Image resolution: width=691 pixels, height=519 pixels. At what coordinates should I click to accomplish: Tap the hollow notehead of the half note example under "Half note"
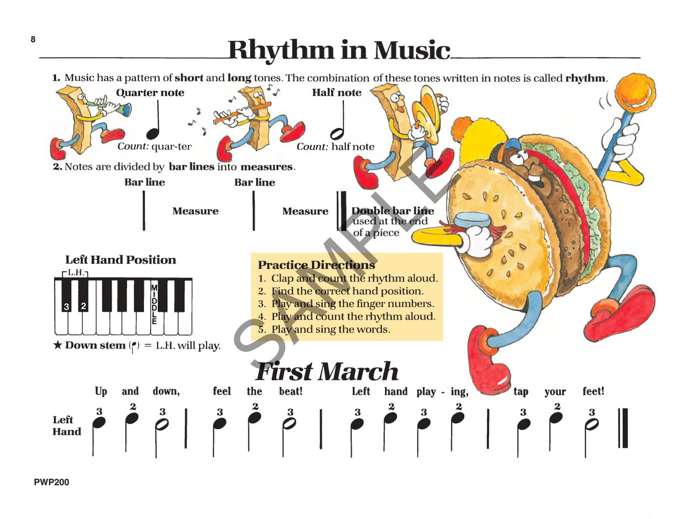click(x=337, y=134)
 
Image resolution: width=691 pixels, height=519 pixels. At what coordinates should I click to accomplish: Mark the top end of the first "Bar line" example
click(x=144, y=191)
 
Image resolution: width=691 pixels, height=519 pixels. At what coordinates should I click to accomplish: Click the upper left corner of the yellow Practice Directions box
click(x=251, y=253)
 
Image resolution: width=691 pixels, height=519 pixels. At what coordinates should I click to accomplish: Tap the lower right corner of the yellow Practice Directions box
click(x=443, y=340)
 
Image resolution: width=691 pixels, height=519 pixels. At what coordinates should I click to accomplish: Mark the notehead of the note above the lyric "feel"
click(x=219, y=424)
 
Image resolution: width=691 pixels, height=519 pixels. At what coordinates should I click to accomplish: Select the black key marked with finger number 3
click(x=66, y=295)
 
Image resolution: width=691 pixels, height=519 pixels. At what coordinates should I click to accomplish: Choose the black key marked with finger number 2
click(x=83, y=295)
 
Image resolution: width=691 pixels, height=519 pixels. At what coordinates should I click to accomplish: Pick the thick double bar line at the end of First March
click(x=623, y=428)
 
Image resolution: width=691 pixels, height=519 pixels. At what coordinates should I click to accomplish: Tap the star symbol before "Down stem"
click(x=57, y=345)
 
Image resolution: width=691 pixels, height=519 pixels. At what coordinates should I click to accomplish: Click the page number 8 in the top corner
click(x=33, y=39)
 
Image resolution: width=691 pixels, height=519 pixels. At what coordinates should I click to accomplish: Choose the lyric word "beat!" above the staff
click(x=291, y=391)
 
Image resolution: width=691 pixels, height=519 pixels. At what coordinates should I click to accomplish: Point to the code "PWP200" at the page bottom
click(x=52, y=482)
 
